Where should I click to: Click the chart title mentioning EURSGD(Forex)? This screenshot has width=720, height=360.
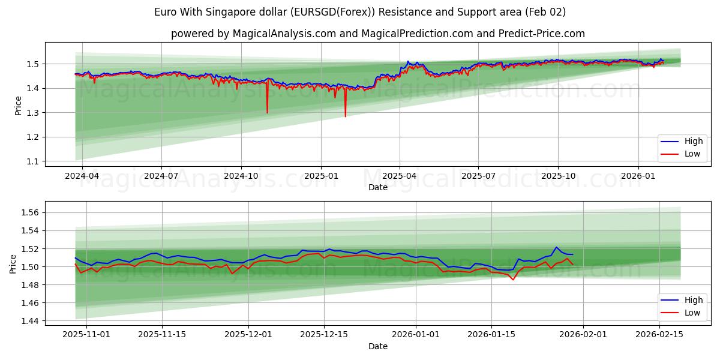[359, 12]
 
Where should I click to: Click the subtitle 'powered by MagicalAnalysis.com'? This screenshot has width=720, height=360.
[378, 34]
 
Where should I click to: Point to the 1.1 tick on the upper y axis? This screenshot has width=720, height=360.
[32, 161]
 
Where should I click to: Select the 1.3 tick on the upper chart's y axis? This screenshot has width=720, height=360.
[32, 113]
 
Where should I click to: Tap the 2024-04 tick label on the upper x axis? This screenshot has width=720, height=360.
[82, 177]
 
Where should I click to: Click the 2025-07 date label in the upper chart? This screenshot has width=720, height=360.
[478, 177]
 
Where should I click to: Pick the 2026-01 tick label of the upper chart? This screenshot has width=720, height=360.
[637, 177]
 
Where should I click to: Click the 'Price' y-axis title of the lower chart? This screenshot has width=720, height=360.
[13, 264]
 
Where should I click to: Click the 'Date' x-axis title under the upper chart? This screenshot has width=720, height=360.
[377, 187]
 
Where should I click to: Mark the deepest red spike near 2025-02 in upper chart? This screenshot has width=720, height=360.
[345, 116]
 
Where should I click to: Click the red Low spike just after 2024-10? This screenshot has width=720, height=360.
[267, 112]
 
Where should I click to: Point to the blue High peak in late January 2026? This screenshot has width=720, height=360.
[556, 247]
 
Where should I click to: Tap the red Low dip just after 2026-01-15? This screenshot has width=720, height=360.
[512, 280]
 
